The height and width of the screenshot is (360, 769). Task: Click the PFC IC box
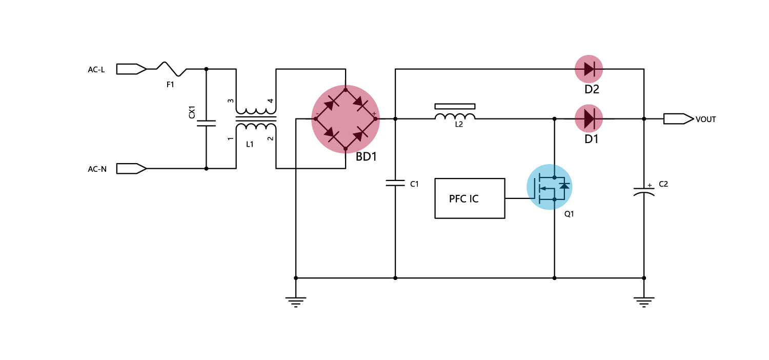(470, 198)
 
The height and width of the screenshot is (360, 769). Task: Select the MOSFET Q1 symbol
(550, 187)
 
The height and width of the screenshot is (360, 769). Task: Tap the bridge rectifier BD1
(346, 119)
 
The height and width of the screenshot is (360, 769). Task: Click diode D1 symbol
(589, 119)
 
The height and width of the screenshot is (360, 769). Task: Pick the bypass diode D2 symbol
(589, 69)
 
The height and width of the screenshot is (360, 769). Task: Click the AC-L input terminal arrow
(131, 69)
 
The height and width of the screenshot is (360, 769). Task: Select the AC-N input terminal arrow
(131, 168)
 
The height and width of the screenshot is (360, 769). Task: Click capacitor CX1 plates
(206, 123)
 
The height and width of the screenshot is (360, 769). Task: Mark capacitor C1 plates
(395, 183)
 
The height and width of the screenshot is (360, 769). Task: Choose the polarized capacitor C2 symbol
(644, 191)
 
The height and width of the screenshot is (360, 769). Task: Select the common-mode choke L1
(256, 119)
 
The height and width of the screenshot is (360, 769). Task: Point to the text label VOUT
(705, 119)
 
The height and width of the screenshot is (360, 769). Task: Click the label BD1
(366, 157)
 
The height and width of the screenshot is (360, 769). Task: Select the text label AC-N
(97, 169)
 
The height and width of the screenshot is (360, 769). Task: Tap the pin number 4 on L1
(271, 101)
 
